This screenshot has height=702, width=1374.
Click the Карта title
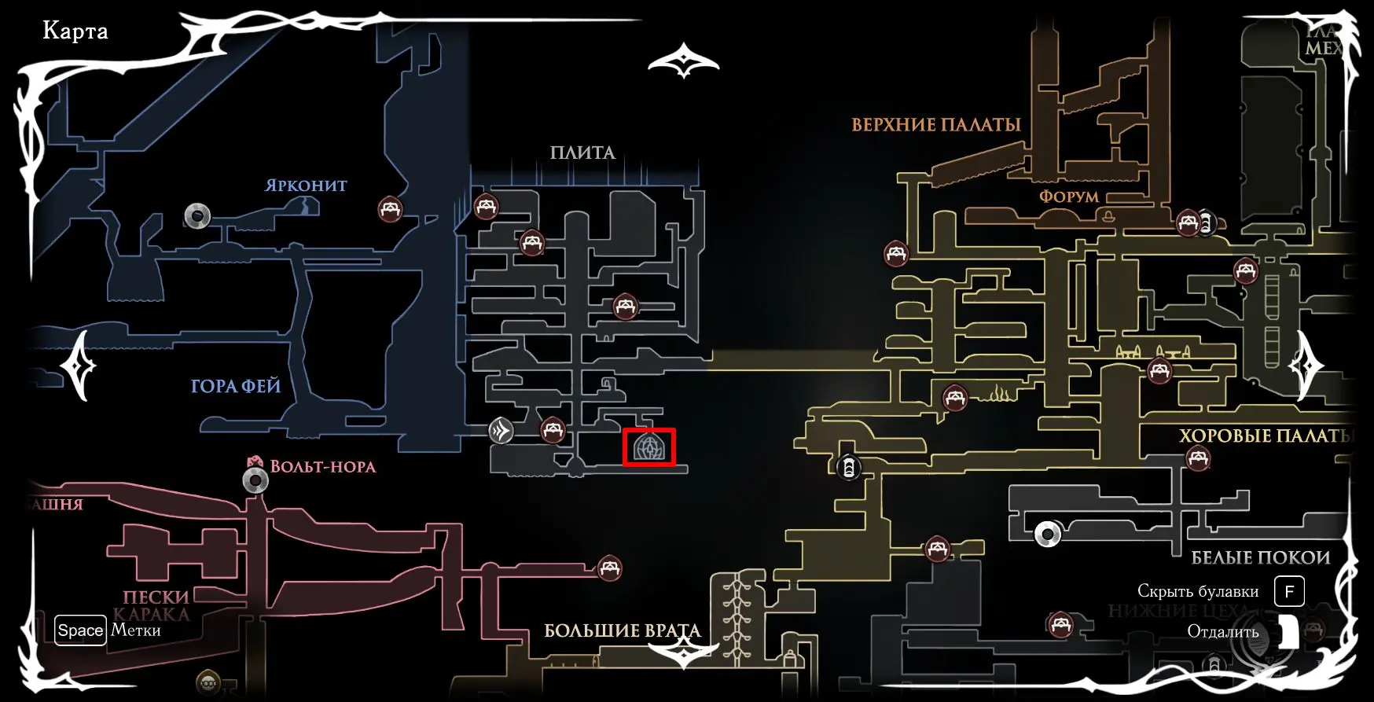(75, 31)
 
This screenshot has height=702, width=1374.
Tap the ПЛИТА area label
(582, 153)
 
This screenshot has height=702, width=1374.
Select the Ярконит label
(306, 186)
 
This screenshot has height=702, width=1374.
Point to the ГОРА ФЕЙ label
(236, 386)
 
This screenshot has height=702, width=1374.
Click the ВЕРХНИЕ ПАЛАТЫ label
(936, 125)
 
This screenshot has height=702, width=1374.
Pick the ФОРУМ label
(1069, 197)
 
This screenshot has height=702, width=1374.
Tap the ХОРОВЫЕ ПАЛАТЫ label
(1266, 436)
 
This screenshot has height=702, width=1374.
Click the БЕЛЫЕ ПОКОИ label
(1261, 558)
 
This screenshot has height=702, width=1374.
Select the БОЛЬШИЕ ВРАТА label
(622, 631)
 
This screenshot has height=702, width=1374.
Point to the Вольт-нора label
(322, 466)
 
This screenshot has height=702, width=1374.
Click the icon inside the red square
(649, 448)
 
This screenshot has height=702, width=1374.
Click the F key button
(1289, 591)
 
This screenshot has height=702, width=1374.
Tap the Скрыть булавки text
(1198, 591)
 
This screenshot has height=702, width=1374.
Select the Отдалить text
(1223, 632)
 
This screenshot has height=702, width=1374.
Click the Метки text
(136, 630)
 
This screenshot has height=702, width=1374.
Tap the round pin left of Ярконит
(197, 215)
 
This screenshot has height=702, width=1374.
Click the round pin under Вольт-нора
(255, 480)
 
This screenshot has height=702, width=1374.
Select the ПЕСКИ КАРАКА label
(156, 605)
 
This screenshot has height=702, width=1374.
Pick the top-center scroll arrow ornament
(684, 61)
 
